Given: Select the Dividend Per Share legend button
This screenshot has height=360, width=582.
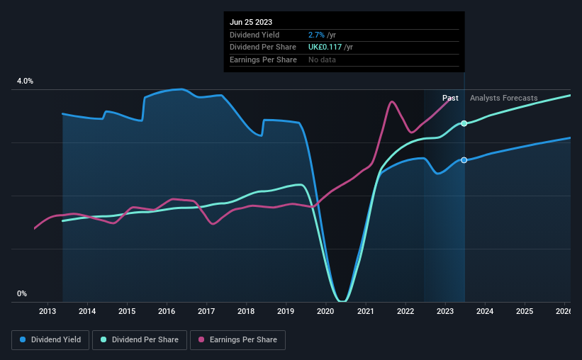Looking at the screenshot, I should (x=144, y=340).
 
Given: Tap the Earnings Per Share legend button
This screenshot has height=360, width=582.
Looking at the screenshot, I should (x=238, y=340).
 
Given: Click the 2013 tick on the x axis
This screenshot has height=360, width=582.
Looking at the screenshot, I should (x=47, y=311).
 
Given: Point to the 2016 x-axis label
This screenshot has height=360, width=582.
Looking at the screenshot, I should (x=167, y=311).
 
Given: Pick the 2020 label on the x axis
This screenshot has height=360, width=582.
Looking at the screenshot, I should (x=325, y=311).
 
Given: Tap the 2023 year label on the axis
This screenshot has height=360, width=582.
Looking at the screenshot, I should (x=445, y=311).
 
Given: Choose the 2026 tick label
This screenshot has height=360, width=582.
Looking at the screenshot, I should (x=564, y=311).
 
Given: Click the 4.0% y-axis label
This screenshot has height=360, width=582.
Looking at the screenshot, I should (x=25, y=81).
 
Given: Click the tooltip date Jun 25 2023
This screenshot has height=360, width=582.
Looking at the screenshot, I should (x=251, y=22).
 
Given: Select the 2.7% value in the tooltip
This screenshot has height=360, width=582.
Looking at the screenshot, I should (x=315, y=35).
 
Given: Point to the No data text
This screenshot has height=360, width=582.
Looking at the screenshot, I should (x=322, y=60).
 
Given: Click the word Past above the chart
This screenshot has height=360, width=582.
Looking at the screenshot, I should (x=450, y=98).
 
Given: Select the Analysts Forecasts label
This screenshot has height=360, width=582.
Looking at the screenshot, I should (x=503, y=98).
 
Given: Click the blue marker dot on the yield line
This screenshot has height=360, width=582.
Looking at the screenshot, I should (x=464, y=160).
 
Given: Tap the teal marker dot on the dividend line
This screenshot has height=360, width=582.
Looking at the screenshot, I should (x=464, y=123).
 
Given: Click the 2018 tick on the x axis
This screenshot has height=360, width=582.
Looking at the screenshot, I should (x=246, y=311).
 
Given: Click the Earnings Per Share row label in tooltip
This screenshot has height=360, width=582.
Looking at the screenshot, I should (x=263, y=60).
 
